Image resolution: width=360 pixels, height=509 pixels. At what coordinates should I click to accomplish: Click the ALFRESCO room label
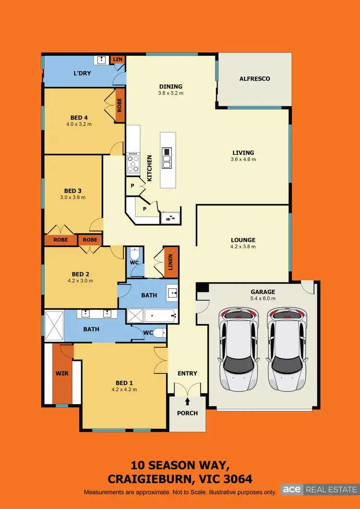click(x=255, y=79)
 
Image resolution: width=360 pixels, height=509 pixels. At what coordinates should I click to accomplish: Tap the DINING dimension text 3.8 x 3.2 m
click(x=171, y=93)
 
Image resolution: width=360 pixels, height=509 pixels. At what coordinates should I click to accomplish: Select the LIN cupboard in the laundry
click(x=118, y=59)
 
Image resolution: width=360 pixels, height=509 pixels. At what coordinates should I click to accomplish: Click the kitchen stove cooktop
click(x=133, y=163)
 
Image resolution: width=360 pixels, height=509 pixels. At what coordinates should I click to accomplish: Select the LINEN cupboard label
click(x=171, y=263)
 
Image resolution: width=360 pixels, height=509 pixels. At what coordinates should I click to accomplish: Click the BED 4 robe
click(x=119, y=105)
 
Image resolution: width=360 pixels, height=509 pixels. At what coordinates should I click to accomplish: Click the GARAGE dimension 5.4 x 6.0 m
click(x=263, y=298)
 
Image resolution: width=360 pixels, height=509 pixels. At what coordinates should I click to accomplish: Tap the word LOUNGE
click(x=243, y=240)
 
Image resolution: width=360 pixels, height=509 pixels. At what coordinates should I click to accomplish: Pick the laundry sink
click(x=102, y=60)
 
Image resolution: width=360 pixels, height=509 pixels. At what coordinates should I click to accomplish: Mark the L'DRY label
click(x=82, y=73)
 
